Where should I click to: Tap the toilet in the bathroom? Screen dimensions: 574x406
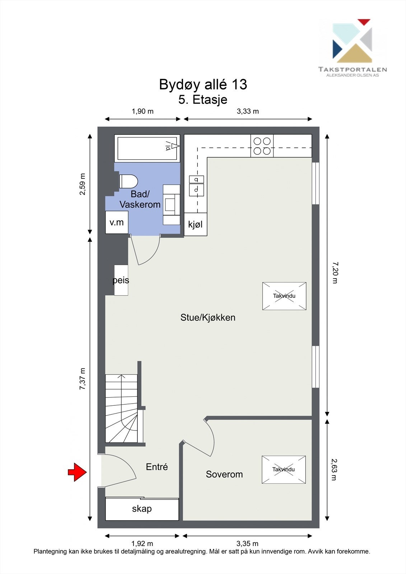pos(128,182)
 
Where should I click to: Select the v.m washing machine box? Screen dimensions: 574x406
pos(117,222)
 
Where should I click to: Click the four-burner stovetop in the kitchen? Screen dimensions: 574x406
pos(262,146)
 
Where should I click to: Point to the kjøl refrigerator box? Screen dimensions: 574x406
pos(195,225)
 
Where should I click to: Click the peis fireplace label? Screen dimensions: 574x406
pos(121,280)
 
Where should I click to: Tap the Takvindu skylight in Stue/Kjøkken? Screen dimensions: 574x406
pos(284,296)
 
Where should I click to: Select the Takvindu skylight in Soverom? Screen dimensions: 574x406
pos(284,469)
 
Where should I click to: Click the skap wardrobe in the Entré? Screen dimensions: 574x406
pos(142,509)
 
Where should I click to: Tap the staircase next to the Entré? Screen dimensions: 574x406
pos(121,408)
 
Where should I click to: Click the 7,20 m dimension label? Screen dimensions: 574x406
pos(335,273)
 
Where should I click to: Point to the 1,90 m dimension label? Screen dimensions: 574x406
pos(143,111)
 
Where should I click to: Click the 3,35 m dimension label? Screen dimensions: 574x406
pos(247,544)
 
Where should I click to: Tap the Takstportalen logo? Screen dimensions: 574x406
pos(352,47)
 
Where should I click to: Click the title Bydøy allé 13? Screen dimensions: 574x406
pos(203,85)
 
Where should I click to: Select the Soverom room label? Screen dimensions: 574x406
pos(224,474)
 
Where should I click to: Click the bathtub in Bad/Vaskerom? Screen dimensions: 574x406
pos(147,148)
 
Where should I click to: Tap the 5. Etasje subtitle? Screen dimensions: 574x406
pos(203,99)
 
